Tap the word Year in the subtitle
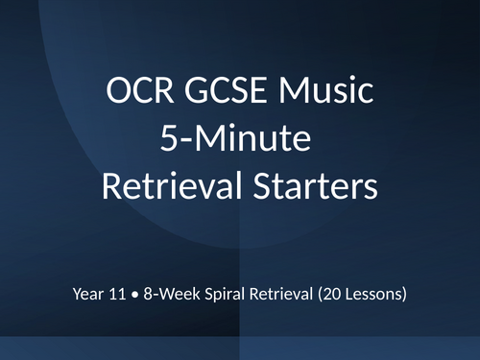coord(89,293)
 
